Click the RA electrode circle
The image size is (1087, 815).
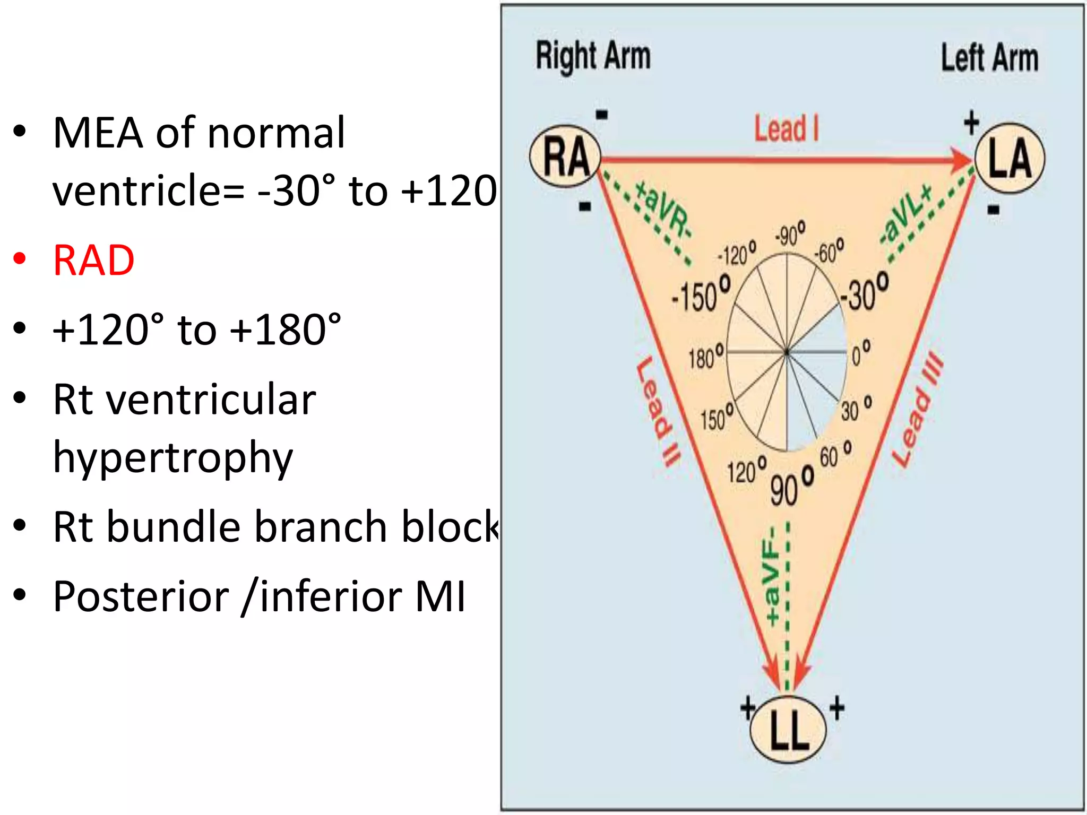coord(566,157)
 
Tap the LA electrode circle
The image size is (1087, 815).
coord(1010,158)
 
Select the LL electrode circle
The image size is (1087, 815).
coord(788,730)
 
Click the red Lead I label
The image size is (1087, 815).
coord(787,129)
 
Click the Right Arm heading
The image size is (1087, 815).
coord(593,56)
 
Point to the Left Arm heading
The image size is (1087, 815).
coord(989,58)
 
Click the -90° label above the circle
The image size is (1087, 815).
coord(790,234)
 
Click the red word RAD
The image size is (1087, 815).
coord(94,261)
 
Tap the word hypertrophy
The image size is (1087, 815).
coord(173,457)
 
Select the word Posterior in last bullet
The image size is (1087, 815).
coord(141,597)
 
